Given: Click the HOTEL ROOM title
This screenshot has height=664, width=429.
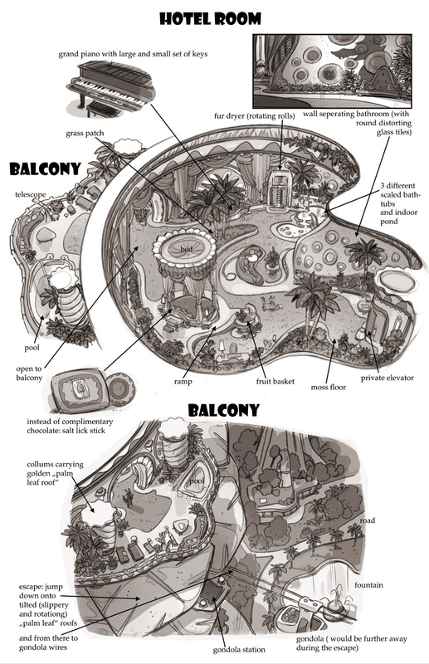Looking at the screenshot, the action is [211, 19].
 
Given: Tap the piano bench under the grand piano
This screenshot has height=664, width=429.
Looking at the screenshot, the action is [100, 110].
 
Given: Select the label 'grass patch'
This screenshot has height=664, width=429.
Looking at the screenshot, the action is [85, 134].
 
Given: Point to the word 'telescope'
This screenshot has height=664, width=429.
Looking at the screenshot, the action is [31, 195].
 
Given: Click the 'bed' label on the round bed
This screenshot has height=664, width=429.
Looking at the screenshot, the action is [187, 249].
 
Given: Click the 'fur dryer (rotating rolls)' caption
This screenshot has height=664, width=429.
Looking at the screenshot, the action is [254, 116].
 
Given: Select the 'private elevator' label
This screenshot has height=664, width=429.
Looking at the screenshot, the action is [387, 378].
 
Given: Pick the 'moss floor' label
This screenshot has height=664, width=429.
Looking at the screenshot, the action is [329, 387].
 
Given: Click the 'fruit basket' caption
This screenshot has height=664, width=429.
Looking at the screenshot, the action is [275, 382].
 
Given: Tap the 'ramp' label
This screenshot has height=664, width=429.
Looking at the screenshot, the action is [183, 382].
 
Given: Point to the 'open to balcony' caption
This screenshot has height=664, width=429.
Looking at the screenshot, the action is [29, 373].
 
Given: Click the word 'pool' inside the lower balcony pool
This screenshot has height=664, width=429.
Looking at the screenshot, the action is [196, 481].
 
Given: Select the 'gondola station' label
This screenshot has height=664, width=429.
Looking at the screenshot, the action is [239, 650].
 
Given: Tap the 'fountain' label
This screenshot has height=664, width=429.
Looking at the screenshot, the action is [368, 585].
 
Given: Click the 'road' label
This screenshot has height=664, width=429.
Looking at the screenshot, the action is [367, 520].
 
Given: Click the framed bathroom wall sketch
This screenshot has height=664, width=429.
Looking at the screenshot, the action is [332, 71].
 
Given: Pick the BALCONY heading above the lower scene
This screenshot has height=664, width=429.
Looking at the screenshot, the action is [223, 410].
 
